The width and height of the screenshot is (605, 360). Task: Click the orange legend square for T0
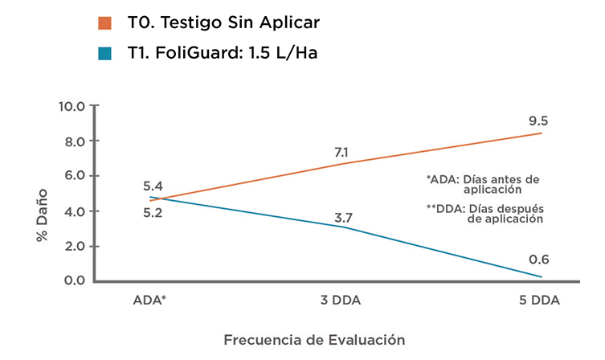[104, 22]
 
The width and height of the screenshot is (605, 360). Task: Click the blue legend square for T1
[104, 54]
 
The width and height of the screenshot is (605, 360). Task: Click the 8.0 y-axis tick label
[74, 141]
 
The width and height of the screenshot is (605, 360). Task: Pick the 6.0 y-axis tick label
[74, 176]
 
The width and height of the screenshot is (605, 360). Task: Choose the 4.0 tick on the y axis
[74, 211]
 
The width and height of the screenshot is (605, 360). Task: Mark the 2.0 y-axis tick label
[74, 246]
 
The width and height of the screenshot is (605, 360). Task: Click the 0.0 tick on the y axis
[74, 280]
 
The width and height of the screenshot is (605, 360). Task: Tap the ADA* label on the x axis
[150, 301]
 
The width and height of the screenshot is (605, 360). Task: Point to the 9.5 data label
[538, 121]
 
